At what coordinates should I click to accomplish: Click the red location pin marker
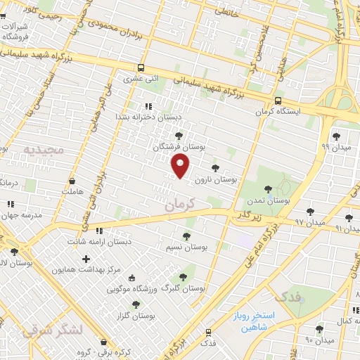point(181,166)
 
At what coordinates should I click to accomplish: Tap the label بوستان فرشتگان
point(176,147)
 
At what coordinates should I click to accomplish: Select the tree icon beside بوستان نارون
point(214,167)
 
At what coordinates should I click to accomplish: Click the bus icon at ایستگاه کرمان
point(278,101)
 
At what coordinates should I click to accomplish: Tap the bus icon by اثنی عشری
point(141,68)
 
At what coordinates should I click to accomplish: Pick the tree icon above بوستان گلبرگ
point(184,278)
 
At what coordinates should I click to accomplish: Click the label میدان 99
point(335,147)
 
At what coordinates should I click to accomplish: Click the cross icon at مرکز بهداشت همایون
point(86,259)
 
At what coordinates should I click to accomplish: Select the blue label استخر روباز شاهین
point(257,321)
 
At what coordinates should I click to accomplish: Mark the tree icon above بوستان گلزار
point(136,304)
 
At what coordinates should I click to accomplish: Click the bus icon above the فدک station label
point(208,332)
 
